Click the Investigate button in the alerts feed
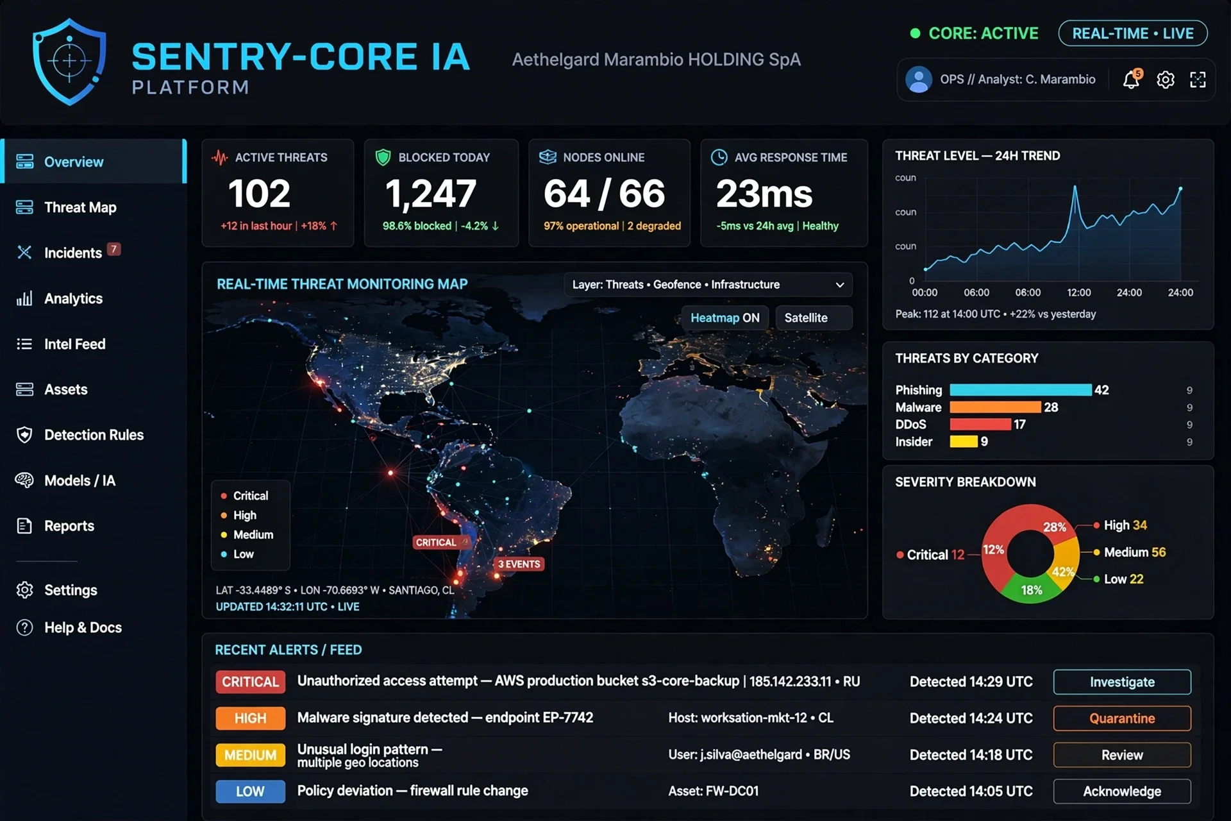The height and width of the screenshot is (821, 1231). [1122, 682]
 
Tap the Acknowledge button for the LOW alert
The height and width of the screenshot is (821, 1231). [1122, 791]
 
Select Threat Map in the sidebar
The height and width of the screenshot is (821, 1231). [80, 207]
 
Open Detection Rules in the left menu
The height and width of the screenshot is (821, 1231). [94, 435]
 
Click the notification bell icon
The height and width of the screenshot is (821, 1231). [1132, 79]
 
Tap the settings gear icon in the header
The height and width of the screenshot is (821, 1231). [1166, 80]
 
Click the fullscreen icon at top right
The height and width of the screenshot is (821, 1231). [1198, 80]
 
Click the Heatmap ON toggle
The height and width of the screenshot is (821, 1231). [725, 317]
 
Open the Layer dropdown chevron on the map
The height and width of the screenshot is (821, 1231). [840, 285]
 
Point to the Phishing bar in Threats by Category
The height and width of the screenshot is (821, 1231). [1021, 390]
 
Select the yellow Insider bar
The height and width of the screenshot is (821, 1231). [964, 441]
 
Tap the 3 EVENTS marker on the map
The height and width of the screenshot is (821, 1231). [519, 564]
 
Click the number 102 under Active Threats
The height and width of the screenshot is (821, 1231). [260, 193]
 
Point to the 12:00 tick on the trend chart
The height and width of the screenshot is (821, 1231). [1078, 292]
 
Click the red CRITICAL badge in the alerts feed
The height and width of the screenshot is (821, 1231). [250, 682]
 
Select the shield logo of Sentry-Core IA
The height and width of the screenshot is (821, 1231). [69, 62]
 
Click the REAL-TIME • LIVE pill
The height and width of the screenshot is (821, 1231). [1133, 33]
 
